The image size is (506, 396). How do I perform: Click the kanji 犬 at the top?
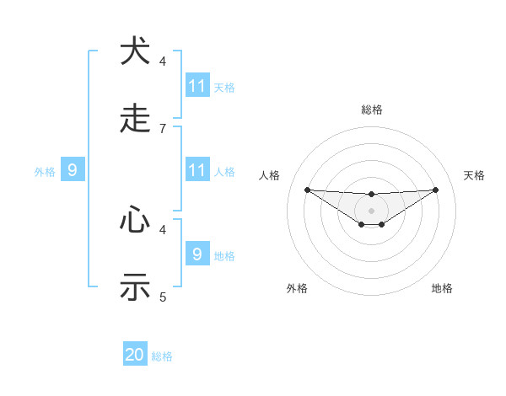click(135, 52)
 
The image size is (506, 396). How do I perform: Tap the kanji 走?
click(135, 120)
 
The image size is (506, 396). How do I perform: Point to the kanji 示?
click(135, 287)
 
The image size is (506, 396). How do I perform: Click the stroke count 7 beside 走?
click(163, 128)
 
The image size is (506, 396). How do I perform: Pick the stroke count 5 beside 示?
click(163, 297)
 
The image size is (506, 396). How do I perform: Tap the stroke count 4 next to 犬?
click(163, 61)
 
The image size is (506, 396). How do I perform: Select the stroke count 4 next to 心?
click(163, 228)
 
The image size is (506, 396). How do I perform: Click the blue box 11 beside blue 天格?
click(197, 86)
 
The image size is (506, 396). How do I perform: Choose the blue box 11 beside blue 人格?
click(197, 170)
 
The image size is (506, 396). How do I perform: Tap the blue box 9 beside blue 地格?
click(197, 254)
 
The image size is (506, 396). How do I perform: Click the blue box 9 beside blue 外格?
click(73, 170)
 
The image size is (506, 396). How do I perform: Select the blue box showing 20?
click(135, 355)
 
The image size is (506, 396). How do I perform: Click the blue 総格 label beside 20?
click(162, 356)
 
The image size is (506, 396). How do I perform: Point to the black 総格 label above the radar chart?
click(371, 110)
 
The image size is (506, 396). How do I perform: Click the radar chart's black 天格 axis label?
click(474, 175)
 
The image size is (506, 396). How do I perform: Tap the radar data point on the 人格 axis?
click(307, 190)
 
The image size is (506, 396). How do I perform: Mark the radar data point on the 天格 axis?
click(435, 190)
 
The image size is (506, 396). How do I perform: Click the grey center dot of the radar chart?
click(371, 210)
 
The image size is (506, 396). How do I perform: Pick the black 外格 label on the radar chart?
click(297, 288)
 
